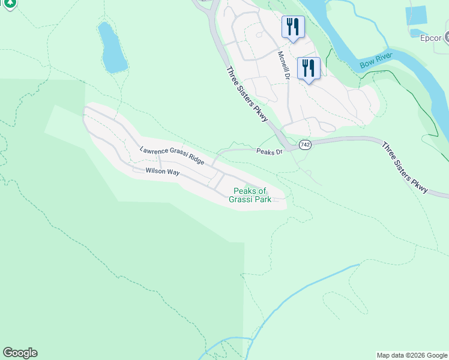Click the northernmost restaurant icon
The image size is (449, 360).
pos(293,27)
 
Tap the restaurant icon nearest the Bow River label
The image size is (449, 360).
pos(309,68)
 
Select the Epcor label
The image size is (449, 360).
pos(430,38)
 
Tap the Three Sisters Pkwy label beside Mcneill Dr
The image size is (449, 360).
pos(247,95)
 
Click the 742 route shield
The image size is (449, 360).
pos(305,145)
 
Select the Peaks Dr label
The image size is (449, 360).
pos(270,152)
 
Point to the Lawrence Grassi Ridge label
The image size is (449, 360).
pos(172,156)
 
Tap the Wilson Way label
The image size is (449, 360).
pos(163,172)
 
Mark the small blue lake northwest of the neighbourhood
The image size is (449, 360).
pos(112,48)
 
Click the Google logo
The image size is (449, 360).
pos(20,353)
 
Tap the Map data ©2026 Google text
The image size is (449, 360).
pos(411,355)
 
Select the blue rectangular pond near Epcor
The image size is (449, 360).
pos(416,16)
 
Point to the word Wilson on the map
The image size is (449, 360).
pos(154,171)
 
